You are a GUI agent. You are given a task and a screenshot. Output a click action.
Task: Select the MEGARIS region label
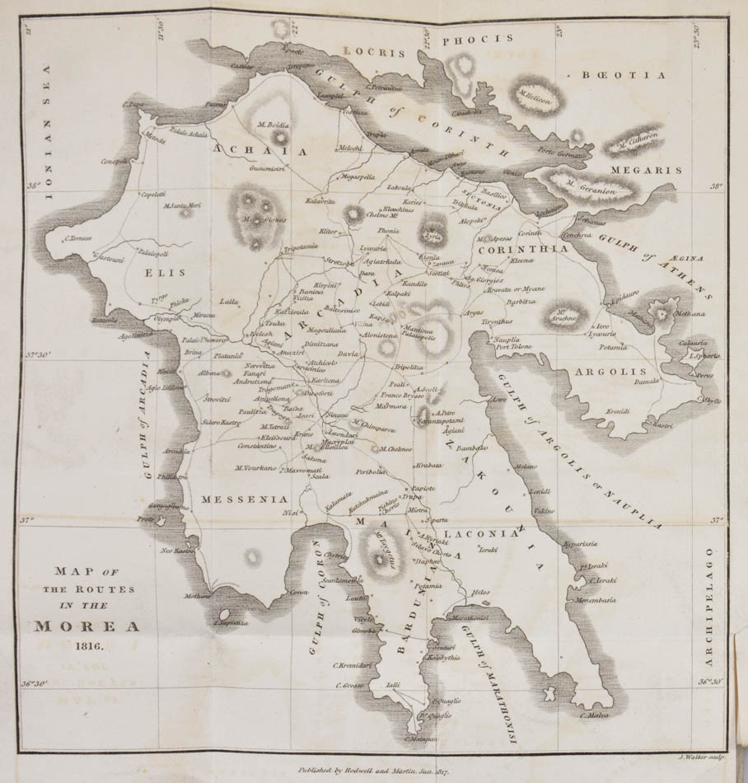coord(646,171)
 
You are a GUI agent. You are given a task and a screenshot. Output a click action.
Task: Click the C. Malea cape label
coord(594,715)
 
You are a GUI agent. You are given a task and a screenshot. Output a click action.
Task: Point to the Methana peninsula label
coord(690,314)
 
